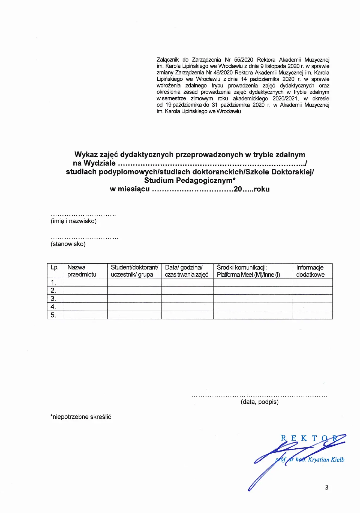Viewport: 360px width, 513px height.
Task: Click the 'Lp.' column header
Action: pyautogui.click(x=55, y=268)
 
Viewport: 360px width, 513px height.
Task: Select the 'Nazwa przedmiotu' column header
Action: pyautogui.click(x=82, y=271)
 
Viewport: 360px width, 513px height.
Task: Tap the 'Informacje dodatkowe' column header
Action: pyautogui.click(x=310, y=271)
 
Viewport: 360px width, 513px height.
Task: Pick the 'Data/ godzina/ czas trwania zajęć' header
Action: pyautogui.click(x=187, y=271)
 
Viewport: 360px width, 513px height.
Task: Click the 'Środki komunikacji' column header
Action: pyautogui.click(x=248, y=271)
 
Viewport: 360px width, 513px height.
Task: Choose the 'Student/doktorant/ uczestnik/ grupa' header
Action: pyautogui.click(x=134, y=271)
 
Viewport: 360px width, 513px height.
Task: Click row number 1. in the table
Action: pyautogui.click(x=53, y=282)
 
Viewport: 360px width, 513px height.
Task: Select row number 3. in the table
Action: pyautogui.click(x=53, y=299)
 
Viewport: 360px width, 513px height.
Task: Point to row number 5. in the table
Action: pyautogui.click(x=53, y=315)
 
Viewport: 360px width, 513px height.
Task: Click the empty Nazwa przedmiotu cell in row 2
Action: pyautogui.click(x=86, y=291)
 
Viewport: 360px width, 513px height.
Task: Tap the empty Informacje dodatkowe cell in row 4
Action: pyautogui.click(x=313, y=307)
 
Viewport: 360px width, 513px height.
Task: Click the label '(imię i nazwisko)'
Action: pyautogui.click(x=74, y=221)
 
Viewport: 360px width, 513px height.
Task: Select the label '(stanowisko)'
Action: pyautogui.click(x=68, y=244)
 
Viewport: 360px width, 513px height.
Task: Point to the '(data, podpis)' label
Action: pyautogui.click(x=259, y=402)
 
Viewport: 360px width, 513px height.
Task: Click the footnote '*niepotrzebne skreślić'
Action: pyautogui.click(x=81, y=417)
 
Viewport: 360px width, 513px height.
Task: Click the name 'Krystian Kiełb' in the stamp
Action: pyautogui.click(x=326, y=460)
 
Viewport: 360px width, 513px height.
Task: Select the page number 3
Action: pyautogui.click(x=326, y=487)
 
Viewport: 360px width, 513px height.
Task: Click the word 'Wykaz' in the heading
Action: pyautogui.click(x=86, y=155)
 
